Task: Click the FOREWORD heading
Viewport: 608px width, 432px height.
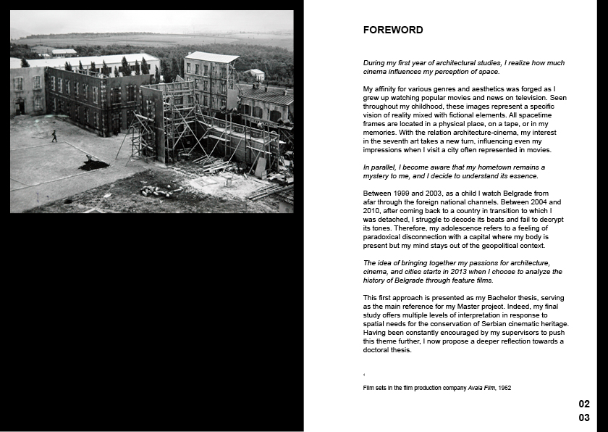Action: pyautogui.click(x=393, y=30)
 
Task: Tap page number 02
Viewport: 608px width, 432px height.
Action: pyautogui.click(x=584, y=404)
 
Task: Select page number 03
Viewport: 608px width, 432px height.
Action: pyautogui.click(x=584, y=418)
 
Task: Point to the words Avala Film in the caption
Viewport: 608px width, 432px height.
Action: pyautogui.click(x=481, y=388)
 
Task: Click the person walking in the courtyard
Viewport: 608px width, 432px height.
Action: pyautogui.click(x=54, y=136)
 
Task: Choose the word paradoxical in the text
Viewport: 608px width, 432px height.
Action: pyautogui.click(x=383, y=237)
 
